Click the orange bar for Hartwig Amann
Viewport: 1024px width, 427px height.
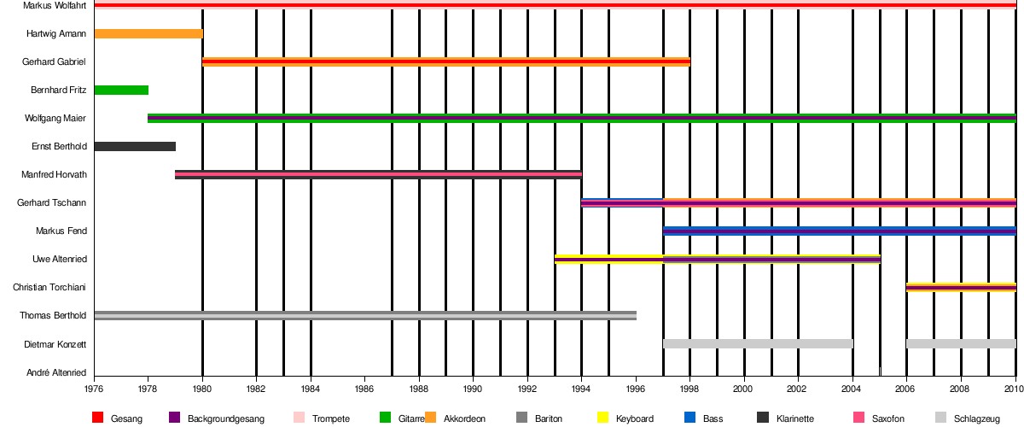click(x=148, y=34)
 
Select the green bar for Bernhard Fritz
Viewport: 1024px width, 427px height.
click(x=121, y=91)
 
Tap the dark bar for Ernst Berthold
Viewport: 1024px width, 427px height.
click(x=135, y=147)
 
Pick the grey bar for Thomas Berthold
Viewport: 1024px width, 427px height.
click(x=365, y=316)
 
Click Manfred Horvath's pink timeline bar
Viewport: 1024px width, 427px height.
click(x=378, y=175)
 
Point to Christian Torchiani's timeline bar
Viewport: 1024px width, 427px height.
click(x=961, y=288)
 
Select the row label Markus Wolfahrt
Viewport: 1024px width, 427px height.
click(x=48, y=6)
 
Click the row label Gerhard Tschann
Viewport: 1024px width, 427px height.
click(x=51, y=203)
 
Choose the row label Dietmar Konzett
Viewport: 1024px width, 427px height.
click(x=53, y=344)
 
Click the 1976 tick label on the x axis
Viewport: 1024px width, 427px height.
click(x=95, y=388)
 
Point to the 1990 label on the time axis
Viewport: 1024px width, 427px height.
click(x=474, y=388)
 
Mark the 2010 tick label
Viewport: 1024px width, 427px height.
click(x=1013, y=388)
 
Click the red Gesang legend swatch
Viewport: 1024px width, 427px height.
click(x=97, y=418)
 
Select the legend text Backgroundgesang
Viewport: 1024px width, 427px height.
click(x=226, y=419)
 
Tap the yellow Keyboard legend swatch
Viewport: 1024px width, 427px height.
click(x=602, y=418)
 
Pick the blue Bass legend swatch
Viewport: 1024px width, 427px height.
click(x=689, y=418)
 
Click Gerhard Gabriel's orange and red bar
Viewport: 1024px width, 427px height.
click(x=445, y=62)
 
